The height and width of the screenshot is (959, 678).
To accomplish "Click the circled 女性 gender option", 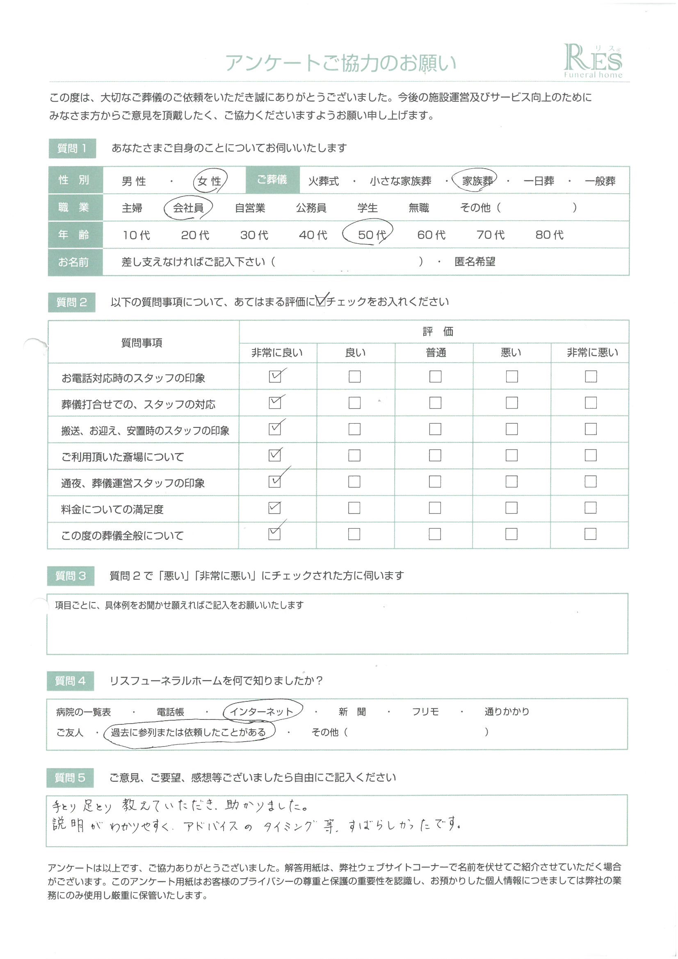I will pos(210,181).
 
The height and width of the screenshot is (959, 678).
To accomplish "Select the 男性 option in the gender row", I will pos(134,181).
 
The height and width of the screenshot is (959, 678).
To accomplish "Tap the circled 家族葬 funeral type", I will pos(477,181).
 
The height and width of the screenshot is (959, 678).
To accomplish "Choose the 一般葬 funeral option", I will pos(600,181).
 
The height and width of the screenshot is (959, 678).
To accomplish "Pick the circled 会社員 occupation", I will pos(188,208).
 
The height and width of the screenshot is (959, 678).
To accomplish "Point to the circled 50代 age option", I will pos(371,235).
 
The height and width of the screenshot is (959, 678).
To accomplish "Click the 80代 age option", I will pos(549,235).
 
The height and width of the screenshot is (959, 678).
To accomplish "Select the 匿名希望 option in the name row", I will pos(475,262).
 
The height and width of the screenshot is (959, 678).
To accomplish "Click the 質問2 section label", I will pos(71,302).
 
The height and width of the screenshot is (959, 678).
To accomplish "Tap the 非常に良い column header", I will pos(277,353).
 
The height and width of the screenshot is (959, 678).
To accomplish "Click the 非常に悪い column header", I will pos(592,353).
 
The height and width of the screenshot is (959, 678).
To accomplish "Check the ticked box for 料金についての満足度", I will pos(274,508).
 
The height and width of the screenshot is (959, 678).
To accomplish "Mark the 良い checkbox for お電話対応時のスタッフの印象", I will pos(355,376).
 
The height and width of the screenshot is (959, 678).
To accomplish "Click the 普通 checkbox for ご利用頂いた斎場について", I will pos(435,455).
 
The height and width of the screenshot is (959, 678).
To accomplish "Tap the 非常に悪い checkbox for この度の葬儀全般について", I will pos(590,534).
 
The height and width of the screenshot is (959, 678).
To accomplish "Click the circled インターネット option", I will pos(262,712).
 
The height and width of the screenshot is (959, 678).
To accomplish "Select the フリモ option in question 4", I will pos(425,712).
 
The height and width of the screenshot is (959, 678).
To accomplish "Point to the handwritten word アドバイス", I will pos(210,826).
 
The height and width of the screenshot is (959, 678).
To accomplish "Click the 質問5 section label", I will pos(70,778).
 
